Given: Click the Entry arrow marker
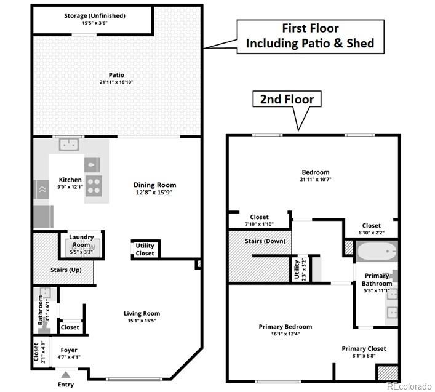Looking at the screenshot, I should click(x=66, y=373).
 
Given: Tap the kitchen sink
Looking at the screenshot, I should click(x=68, y=145).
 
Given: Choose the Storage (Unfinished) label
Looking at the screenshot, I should click(x=95, y=15).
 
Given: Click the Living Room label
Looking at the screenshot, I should click(x=142, y=313).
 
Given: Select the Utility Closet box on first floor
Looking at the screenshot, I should click(x=145, y=249).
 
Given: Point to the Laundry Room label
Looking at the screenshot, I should click(x=81, y=237).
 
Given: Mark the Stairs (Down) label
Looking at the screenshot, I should click(x=265, y=241).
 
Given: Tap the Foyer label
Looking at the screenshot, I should click(x=69, y=350).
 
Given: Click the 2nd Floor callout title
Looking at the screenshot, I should click(x=287, y=99).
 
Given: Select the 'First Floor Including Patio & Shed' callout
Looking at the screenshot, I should click(x=310, y=36).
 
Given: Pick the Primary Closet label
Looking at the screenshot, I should click(x=364, y=349).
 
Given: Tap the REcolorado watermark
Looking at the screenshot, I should click(x=409, y=386).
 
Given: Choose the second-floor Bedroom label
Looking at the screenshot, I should click(x=315, y=172).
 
